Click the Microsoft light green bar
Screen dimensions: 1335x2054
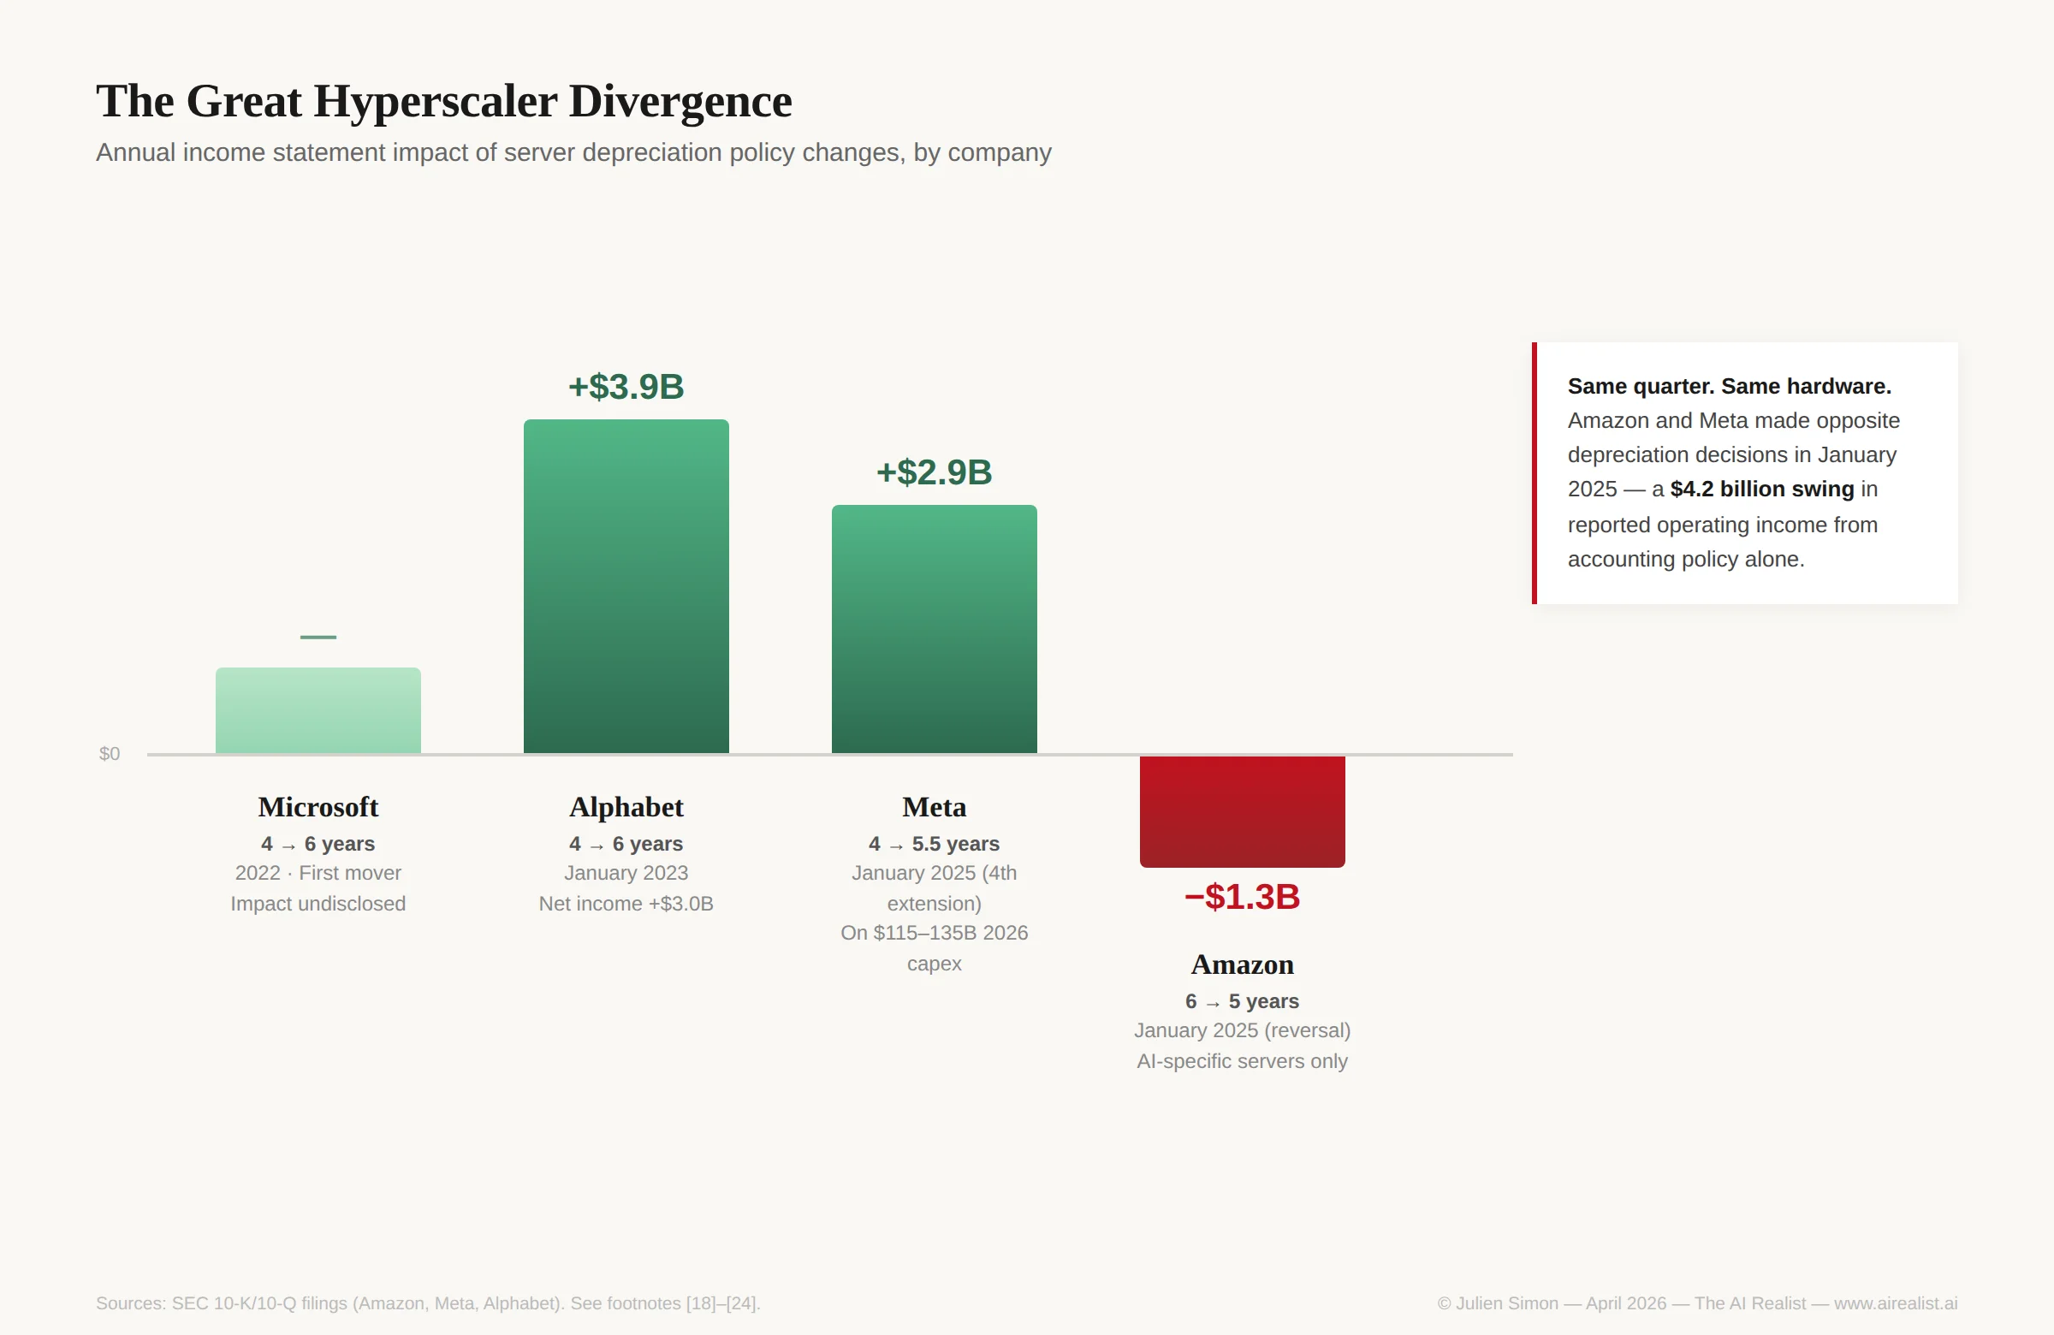pyautogui.click(x=318, y=710)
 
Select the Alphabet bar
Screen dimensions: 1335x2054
pyautogui.click(x=626, y=587)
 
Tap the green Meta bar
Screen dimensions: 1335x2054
pyautogui.click(x=934, y=629)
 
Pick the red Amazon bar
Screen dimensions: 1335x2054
pyautogui.click(x=1242, y=811)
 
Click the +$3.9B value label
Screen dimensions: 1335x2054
pyautogui.click(x=626, y=387)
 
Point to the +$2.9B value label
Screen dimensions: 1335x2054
pyautogui.click(x=934, y=472)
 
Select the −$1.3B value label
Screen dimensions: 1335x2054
pyautogui.click(x=1242, y=898)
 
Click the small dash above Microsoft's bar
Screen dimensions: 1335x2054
pyautogui.click(x=318, y=637)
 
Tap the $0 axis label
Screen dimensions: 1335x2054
pyautogui.click(x=110, y=754)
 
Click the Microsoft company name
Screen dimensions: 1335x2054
pyautogui.click(x=318, y=807)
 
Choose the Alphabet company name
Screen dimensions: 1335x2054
pyautogui.click(x=626, y=807)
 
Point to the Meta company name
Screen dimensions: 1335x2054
pyautogui.click(x=934, y=807)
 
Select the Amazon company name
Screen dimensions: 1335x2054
pyautogui.click(x=1242, y=964)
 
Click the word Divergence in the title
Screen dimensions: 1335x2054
pyautogui.click(x=680, y=102)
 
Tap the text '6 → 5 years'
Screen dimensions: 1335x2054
pyautogui.click(x=1242, y=1001)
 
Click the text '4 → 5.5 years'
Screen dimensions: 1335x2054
pyautogui.click(x=934, y=844)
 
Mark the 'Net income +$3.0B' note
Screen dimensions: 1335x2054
pyautogui.click(x=626, y=904)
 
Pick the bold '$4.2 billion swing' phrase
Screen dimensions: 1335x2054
pyautogui.click(x=1761, y=489)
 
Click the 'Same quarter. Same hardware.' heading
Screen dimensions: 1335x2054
pyautogui.click(x=1729, y=387)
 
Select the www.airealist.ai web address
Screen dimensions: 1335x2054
pyautogui.click(x=1895, y=1303)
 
